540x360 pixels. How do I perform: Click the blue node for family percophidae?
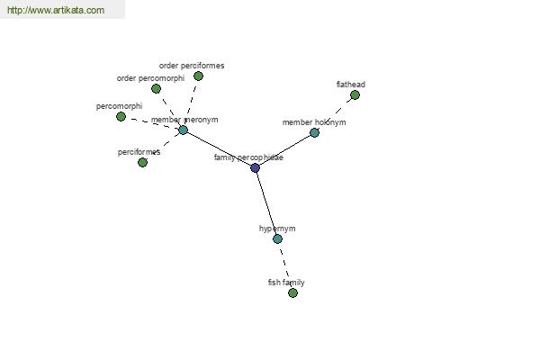click(x=255, y=167)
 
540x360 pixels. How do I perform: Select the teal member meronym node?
click(x=184, y=130)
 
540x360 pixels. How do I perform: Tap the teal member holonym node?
click(x=314, y=132)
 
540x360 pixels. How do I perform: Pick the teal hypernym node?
click(x=277, y=238)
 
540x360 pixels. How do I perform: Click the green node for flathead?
click(x=355, y=94)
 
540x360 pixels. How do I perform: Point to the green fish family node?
click(x=292, y=292)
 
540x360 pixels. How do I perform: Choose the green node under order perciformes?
click(x=198, y=76)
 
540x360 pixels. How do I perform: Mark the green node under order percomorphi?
click(x=156, y=89)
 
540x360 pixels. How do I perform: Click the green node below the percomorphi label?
click(x=121, y=117)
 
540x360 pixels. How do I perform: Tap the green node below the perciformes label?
click(x=142, y=162)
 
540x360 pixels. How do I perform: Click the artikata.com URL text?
click(x=56, y=10)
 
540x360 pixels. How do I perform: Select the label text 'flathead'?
click(x=351, y=85)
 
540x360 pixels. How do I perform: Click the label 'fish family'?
click(x=286, y=283)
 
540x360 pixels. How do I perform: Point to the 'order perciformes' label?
click(x=192, y=66)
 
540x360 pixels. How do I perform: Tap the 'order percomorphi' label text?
click(x=150, y=78)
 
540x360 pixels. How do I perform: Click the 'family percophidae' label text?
click(x=248, y=157)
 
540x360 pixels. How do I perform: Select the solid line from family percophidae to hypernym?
click(x=266, y=203)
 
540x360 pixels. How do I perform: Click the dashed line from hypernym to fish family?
click(x=285, y=266)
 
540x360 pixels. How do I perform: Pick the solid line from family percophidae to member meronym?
click(x=219, y=148)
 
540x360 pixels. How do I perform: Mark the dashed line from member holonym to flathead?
click(x=335, y=113)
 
